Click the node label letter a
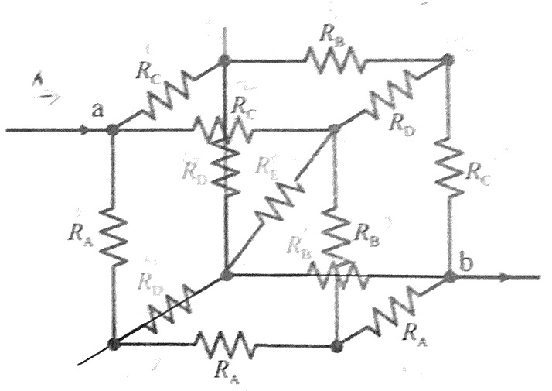[x=97, y=111]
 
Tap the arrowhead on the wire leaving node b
[x=503, y=276]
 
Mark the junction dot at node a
[x=113, y=129]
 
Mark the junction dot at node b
[x=449, y=276]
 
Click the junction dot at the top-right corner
[x=448, y=60]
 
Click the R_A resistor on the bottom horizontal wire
[x=224, y=343]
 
